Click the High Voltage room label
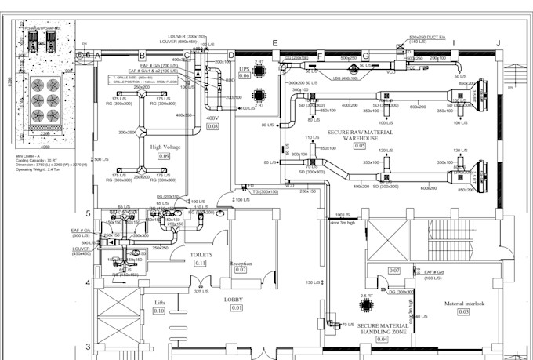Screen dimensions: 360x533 165,146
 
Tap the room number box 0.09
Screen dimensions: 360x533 165,156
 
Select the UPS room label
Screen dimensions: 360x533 244,68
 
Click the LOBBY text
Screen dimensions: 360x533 237,299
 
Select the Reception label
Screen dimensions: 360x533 241,263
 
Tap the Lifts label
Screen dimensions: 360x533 159,301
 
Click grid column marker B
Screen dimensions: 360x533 142,55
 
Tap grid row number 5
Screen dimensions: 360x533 89,213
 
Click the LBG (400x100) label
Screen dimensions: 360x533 345,78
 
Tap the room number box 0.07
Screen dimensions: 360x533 394,271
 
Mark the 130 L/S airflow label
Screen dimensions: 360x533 313,282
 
